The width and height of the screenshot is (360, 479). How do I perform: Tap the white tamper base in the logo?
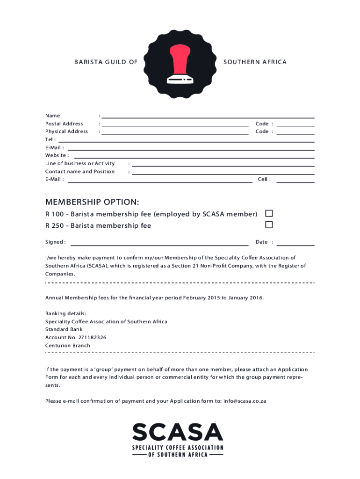[x=180, y=80]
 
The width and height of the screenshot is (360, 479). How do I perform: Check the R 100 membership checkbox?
[x=269, y=213]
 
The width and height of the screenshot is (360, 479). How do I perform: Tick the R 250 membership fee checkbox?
[x=269, y=225]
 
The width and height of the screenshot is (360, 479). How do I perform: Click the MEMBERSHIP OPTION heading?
[x=92, y=202]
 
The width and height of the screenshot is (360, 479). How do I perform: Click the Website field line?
[x=194, y=156]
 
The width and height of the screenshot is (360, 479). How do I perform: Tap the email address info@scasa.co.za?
[x=245, y=401]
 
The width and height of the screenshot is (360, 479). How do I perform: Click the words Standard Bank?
[x=64, y=329]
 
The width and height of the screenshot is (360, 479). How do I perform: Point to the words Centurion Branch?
[x=68, y=346]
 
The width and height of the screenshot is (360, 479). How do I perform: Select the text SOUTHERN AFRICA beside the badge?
[x=255, y=62]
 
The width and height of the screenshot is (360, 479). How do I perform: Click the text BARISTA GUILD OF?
[x=106, y=62]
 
